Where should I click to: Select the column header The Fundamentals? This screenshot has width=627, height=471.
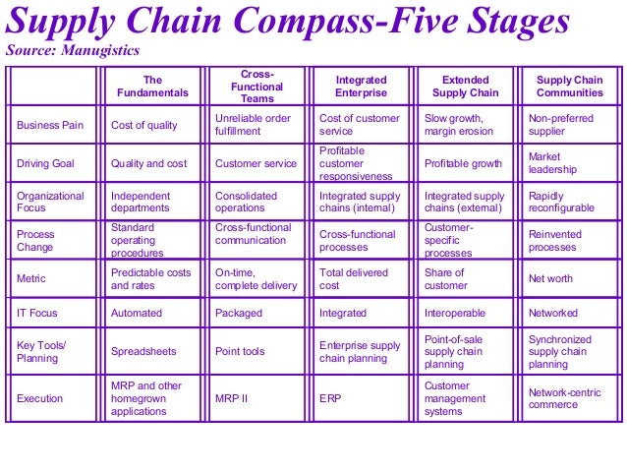pos(152,87)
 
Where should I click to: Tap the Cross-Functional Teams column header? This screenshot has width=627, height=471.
pos(256,87)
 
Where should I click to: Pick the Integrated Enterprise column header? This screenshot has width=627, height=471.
pos(361,87)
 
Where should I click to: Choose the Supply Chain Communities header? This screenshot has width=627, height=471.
pos(569,87)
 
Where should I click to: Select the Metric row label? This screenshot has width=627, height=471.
pos(31,278)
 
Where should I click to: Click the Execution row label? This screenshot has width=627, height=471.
pos(40,398)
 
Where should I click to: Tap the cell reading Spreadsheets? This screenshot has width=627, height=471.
pos(144,351)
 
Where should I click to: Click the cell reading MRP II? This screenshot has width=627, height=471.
pos(232,398)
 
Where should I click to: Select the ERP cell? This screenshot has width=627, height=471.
pos(331,398)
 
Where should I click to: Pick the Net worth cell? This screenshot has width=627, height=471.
pos(551,278)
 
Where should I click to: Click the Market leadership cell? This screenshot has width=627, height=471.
pos(552,163)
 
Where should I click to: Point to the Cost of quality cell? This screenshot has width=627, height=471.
pos(144,125)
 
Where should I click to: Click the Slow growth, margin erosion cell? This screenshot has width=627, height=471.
pos(460,125)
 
